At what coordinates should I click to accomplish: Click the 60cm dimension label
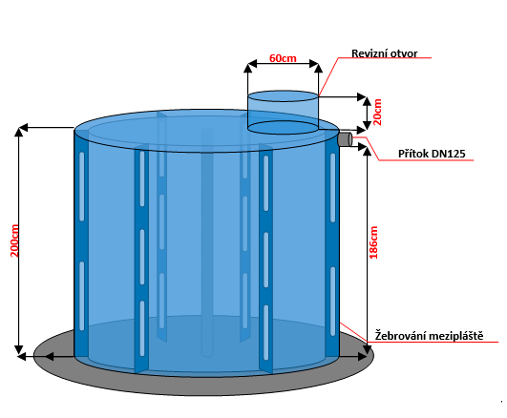pyautogui.click(x=283, y=58)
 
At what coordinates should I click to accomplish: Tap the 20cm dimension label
pyautogui.click(x=377, y=112)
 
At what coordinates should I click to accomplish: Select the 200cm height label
pyautogui.click(x=14, y=240)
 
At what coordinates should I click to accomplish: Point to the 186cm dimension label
pyautogui.click(x=373, y=242)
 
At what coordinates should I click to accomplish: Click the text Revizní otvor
pyautogui.click(x=385, y=53)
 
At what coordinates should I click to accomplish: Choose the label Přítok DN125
pyautogui.click(x=432, y=154)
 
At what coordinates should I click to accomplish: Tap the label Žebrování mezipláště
pyautogui.click(x=429, y=336)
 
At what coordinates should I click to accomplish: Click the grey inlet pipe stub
pyautogui.click(x=346, y=139)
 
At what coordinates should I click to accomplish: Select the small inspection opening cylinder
pyautogui.click(x=284, y=113)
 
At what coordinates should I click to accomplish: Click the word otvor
pyautogui.click(x=404, y=53)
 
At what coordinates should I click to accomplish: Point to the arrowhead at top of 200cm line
pyautogui.click(x=19, y=132)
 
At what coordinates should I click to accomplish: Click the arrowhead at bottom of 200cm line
pyautogui.click(x=19, y=350)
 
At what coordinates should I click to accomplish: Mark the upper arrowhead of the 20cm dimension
pyautogui.click(x=367, y=101)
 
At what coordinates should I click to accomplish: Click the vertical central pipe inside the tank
pyautogui.click(x=207, y=241)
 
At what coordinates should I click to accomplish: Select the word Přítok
pyautogui.click(x=413, y=154)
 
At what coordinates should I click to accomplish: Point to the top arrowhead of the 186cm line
pyautogui.click(x=367, y=152)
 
